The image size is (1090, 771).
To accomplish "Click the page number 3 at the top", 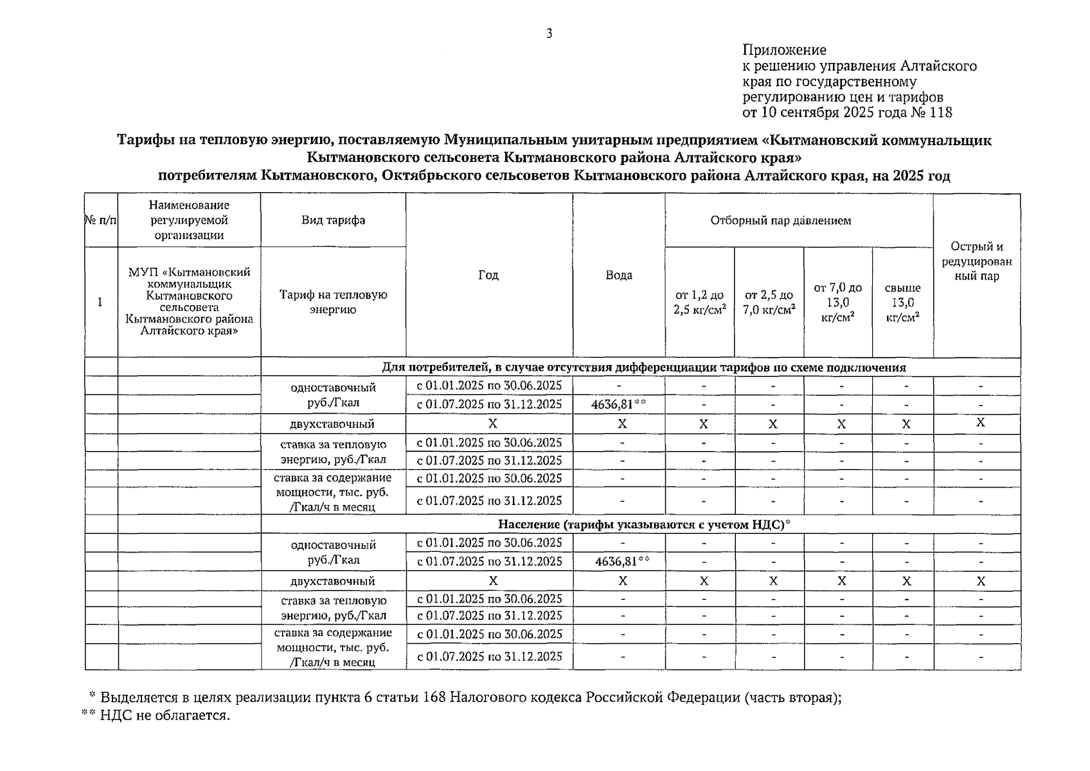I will (549, 34).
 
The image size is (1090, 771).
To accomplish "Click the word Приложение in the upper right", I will (784, 50).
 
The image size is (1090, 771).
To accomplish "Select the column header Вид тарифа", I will (333, 220).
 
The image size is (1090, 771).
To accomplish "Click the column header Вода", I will (619, 275).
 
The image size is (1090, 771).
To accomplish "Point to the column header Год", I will (488, 275).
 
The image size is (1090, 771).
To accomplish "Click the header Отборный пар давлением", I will (780, 220).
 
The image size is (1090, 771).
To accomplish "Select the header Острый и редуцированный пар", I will (976, 261).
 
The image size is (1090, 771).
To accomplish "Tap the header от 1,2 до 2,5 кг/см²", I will (699, 302).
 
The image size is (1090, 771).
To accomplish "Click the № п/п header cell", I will (101, 220).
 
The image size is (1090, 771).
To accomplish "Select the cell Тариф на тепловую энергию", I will (333, 302).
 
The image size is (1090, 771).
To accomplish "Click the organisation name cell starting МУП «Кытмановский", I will (189, 301).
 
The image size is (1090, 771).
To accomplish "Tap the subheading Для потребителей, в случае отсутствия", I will (643, 368).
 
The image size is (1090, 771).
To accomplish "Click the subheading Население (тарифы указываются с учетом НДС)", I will (643, 525).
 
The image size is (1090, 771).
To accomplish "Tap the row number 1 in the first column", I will (100, 302).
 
